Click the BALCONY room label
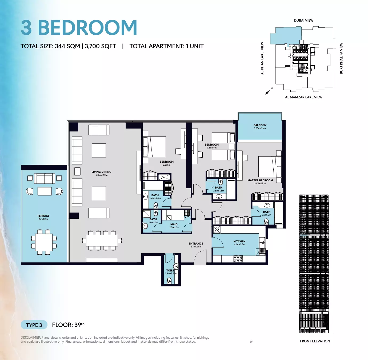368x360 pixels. (260, 125)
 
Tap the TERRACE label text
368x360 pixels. (43, 216)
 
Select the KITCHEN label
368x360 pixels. (239, 241)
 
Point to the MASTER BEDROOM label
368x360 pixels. (260, 180)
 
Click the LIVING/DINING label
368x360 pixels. (101, 172)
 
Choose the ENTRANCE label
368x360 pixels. (196, 244)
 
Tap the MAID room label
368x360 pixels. (174, 225)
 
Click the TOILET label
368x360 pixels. (171, 271)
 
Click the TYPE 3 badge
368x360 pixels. (34, 325)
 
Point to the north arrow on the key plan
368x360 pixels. (267, 92)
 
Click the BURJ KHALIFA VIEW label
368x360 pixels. (341, 58)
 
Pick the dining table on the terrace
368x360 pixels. (44, 242)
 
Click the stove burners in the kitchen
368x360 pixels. (238, 259)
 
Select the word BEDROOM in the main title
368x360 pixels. (87, 28)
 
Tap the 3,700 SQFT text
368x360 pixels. (101, 46)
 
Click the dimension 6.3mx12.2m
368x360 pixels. (101, 175)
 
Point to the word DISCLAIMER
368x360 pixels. (30, 338)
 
